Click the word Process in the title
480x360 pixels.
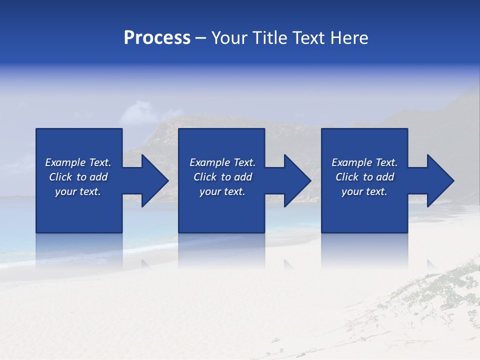click(x=157, y=38)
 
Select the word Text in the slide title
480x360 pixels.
click(x=310, y=38)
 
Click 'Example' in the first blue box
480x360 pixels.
click(x=65, y=162)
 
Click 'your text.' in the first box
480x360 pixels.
click(x=78, y=191)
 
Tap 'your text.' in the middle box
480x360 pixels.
click(x=222, y=191)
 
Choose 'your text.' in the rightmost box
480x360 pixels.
click(x=364, y=191)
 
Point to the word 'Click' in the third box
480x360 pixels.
click(x=347, y=177)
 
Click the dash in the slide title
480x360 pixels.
click(x=200, y=38)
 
